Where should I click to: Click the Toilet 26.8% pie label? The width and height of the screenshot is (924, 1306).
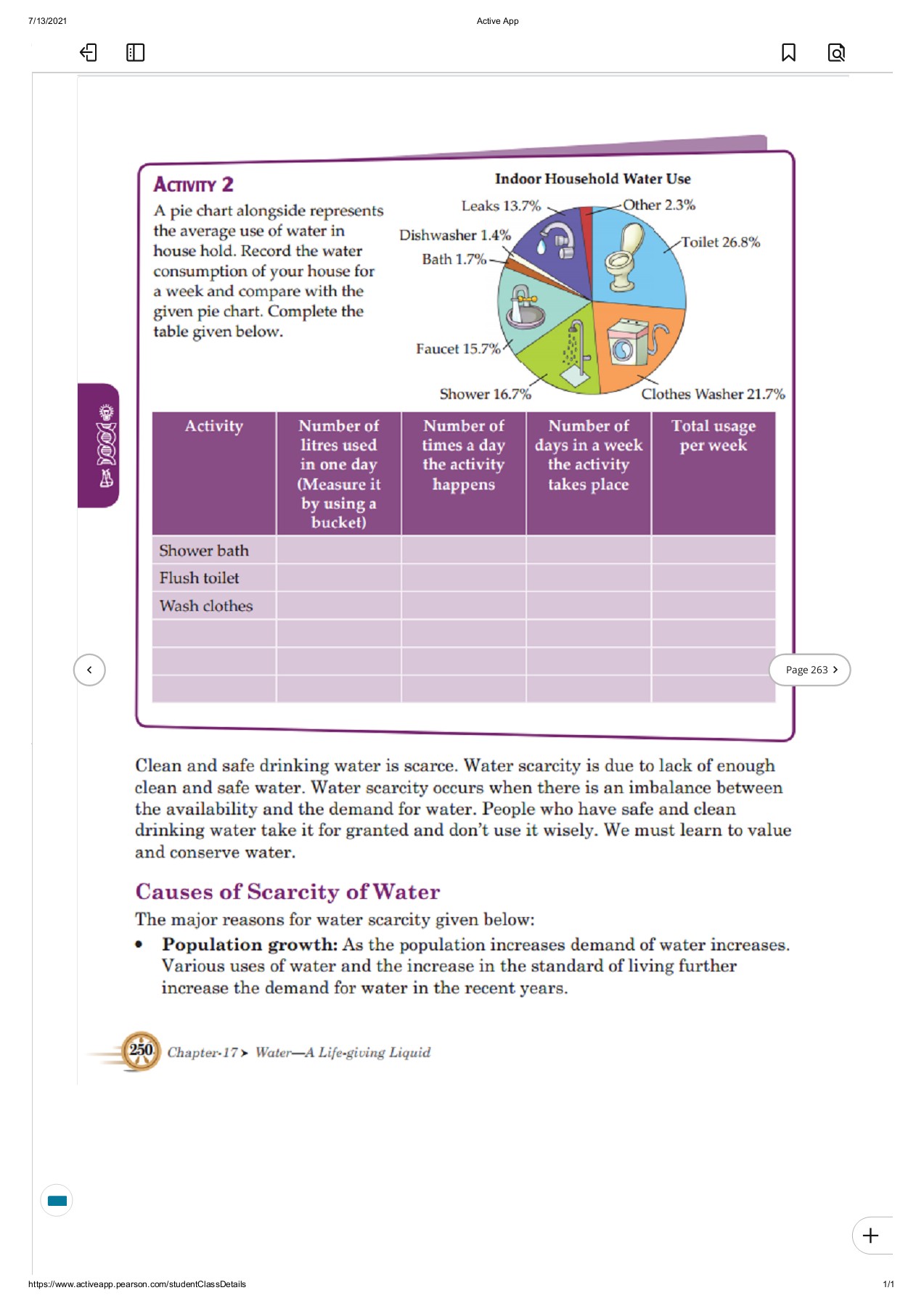tap(720, 242)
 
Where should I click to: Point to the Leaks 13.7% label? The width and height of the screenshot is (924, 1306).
tap(501, 206)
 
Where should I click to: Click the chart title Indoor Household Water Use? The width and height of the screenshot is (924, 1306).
tap(592, 178)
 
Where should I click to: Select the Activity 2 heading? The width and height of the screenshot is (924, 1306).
tap(193, 184)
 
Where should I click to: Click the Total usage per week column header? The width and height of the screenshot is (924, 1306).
tap(713, 435)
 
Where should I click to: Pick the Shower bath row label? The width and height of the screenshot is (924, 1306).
tap(204, 551)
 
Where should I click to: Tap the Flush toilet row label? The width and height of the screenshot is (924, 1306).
tap(199, 578)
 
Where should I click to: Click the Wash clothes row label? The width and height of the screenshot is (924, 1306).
tap(206, 606)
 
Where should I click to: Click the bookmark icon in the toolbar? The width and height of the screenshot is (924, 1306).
tap(788, 52)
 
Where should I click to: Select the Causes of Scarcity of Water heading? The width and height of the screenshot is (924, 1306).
tap(287, 891)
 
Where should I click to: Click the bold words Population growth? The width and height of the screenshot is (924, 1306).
tap(250, 945)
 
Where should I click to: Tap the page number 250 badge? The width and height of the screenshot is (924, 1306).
tap(141, 1050)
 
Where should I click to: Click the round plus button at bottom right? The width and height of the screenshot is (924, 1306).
tap(870, 1235)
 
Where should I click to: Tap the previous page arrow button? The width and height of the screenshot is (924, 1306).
tap(89, 670)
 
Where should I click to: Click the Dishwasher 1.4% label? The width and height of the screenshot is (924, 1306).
tap(454, 235)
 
